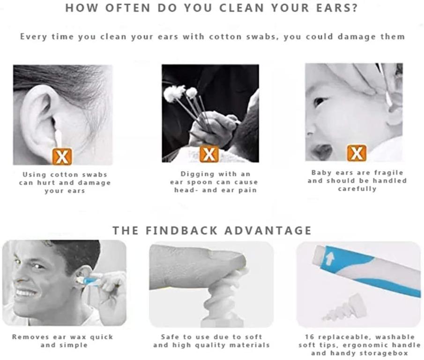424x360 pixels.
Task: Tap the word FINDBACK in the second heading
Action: coord(181,231)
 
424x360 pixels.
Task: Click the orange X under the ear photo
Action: coord(62,157)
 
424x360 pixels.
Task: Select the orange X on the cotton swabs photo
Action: coord(209,154)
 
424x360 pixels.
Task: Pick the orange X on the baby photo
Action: coord(357,153)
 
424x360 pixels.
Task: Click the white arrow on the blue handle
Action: coord(329,259)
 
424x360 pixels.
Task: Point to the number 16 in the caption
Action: coord(309,337)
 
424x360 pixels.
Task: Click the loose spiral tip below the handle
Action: coord(345,308)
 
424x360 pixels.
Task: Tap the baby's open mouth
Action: coord(322,150)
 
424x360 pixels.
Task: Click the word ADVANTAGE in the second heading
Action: coord(268,231)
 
